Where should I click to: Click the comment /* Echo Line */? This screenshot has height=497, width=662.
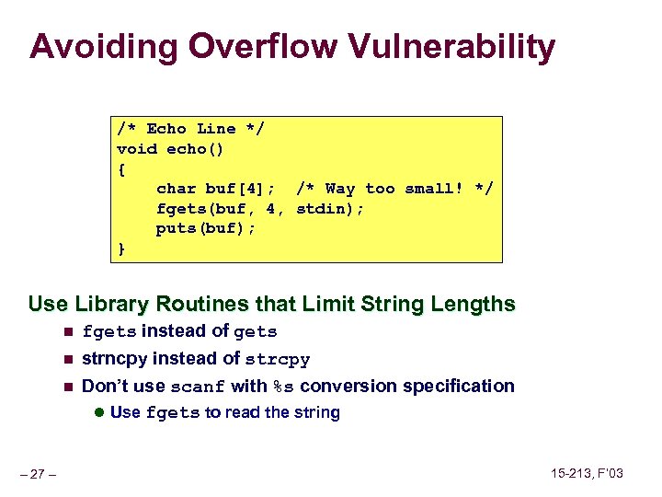[x=190, y=129]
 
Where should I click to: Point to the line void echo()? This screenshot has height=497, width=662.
[x=170, y=149]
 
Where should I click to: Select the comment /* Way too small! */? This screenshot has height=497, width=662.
[x=394, y=189]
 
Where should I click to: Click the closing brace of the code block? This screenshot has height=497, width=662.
[x=121, y=248]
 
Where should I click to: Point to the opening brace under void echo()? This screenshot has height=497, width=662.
[x=121, y=168]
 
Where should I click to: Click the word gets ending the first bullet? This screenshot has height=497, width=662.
[x=256, y=332]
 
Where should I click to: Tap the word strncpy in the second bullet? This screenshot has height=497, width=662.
[x=115, y=359]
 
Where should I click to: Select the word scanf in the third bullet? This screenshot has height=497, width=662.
[x=199, y=387]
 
